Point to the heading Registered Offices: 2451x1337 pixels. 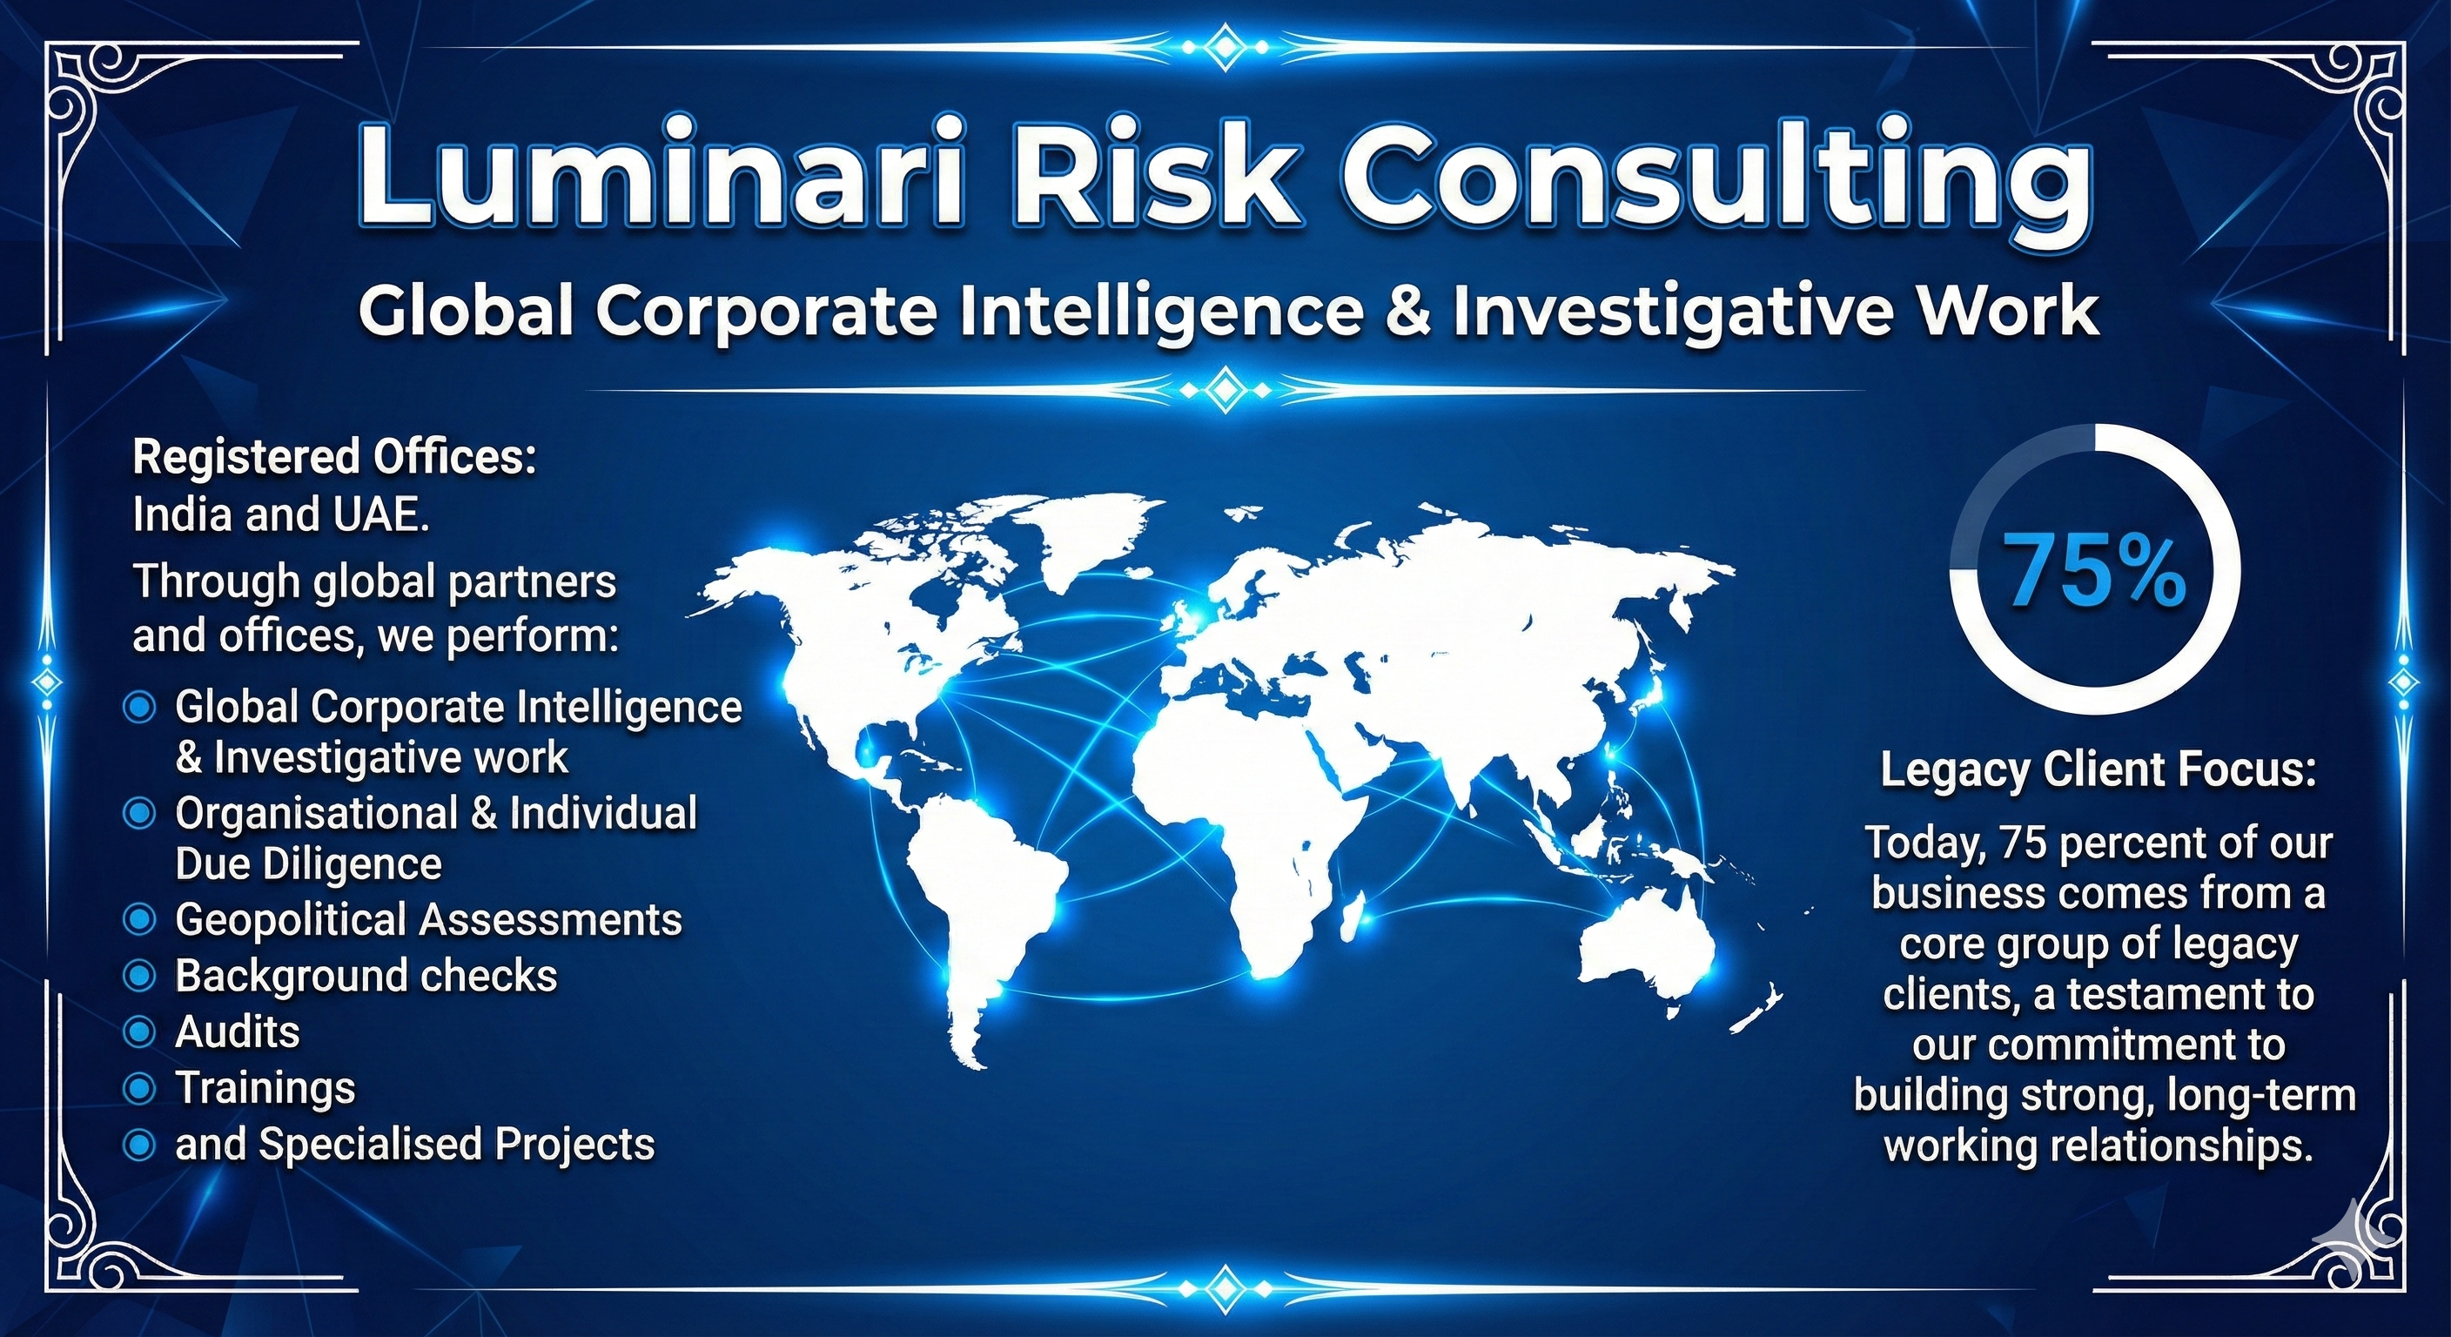point(335,457)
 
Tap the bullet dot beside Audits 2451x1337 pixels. point(140,1032)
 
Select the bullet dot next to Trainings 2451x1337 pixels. point(140,1089)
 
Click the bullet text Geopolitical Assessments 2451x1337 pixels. point(428,920)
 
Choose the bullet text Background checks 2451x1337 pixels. point(366,977)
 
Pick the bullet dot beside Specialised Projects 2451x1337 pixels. point(140,1145)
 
